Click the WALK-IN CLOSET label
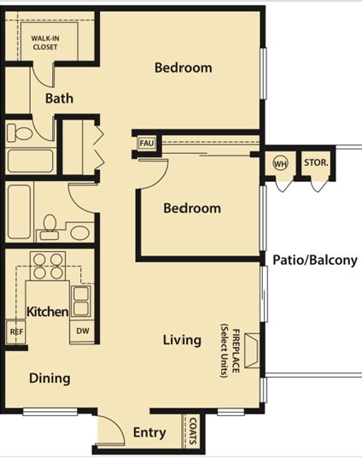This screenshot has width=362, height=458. pyautogui.click(x=45, y=43)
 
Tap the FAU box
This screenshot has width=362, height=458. pyautogui.click(x=147, y=144)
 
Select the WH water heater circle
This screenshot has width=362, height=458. pyautogui.click(x=280, y=163)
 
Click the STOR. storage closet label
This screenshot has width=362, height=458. pyautogui.click(x=316, y=162)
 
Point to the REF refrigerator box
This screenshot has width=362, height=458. pyautogui.click(x=15, y=332)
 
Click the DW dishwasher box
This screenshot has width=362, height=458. pyautogui.click(x=82, y=331)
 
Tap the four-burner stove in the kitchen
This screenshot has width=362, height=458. pyautogui.click(x=48, y=266)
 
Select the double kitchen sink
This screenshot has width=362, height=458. pyautogui.click(x=81, y=302)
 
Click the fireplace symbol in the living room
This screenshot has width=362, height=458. pyautogui.click(x=252, y=350)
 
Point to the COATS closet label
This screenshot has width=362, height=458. pyautogui.click(x=193, y=431)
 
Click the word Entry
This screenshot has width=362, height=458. pyautogui.click(x=149, y=432)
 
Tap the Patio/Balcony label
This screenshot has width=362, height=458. pyautogui.click(x=315, y=260)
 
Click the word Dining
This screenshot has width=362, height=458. pyautogui.click(x=50, y=379)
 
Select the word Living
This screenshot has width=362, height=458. pyautogui.click(x=182, y=340)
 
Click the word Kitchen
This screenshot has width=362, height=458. pyautogui.click(x=47, y=312)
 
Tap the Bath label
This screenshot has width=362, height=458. pyautogui.click(x=59, y=98)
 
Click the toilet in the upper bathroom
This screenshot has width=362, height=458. pyautogui.click(x=20, y=132)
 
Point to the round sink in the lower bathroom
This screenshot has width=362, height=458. pyautogui.click(x=79, y=232)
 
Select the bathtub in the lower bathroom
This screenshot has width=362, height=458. pyautogui.click(x=19, y=211)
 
